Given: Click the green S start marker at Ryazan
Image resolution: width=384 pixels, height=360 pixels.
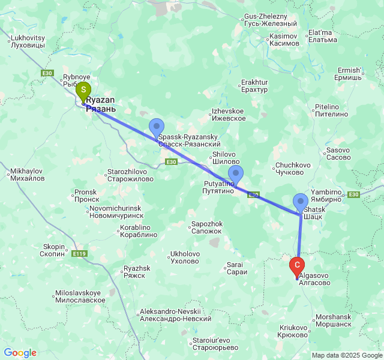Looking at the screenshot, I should pos(83,91).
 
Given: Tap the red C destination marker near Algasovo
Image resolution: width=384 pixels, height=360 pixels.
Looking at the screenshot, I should pos(296,265).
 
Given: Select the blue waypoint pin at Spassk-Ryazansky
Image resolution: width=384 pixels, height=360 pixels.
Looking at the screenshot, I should pos(157,127).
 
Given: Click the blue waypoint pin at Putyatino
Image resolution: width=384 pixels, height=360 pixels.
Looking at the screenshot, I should pos(236,175).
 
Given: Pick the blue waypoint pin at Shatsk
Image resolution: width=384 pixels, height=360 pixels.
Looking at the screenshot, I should pos(300,202).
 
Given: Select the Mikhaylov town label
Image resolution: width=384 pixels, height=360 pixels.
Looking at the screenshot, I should pos(28,175).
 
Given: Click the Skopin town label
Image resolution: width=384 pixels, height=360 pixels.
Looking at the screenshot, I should pos(53,250).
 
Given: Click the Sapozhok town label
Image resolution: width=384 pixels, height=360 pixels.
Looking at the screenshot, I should pos(207,227).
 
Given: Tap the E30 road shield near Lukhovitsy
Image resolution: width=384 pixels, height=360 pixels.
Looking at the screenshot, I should pos(47,73).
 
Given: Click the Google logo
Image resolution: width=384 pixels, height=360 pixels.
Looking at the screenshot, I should pos(20,353).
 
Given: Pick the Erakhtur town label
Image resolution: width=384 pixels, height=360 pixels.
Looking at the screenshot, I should pos(254,86).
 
